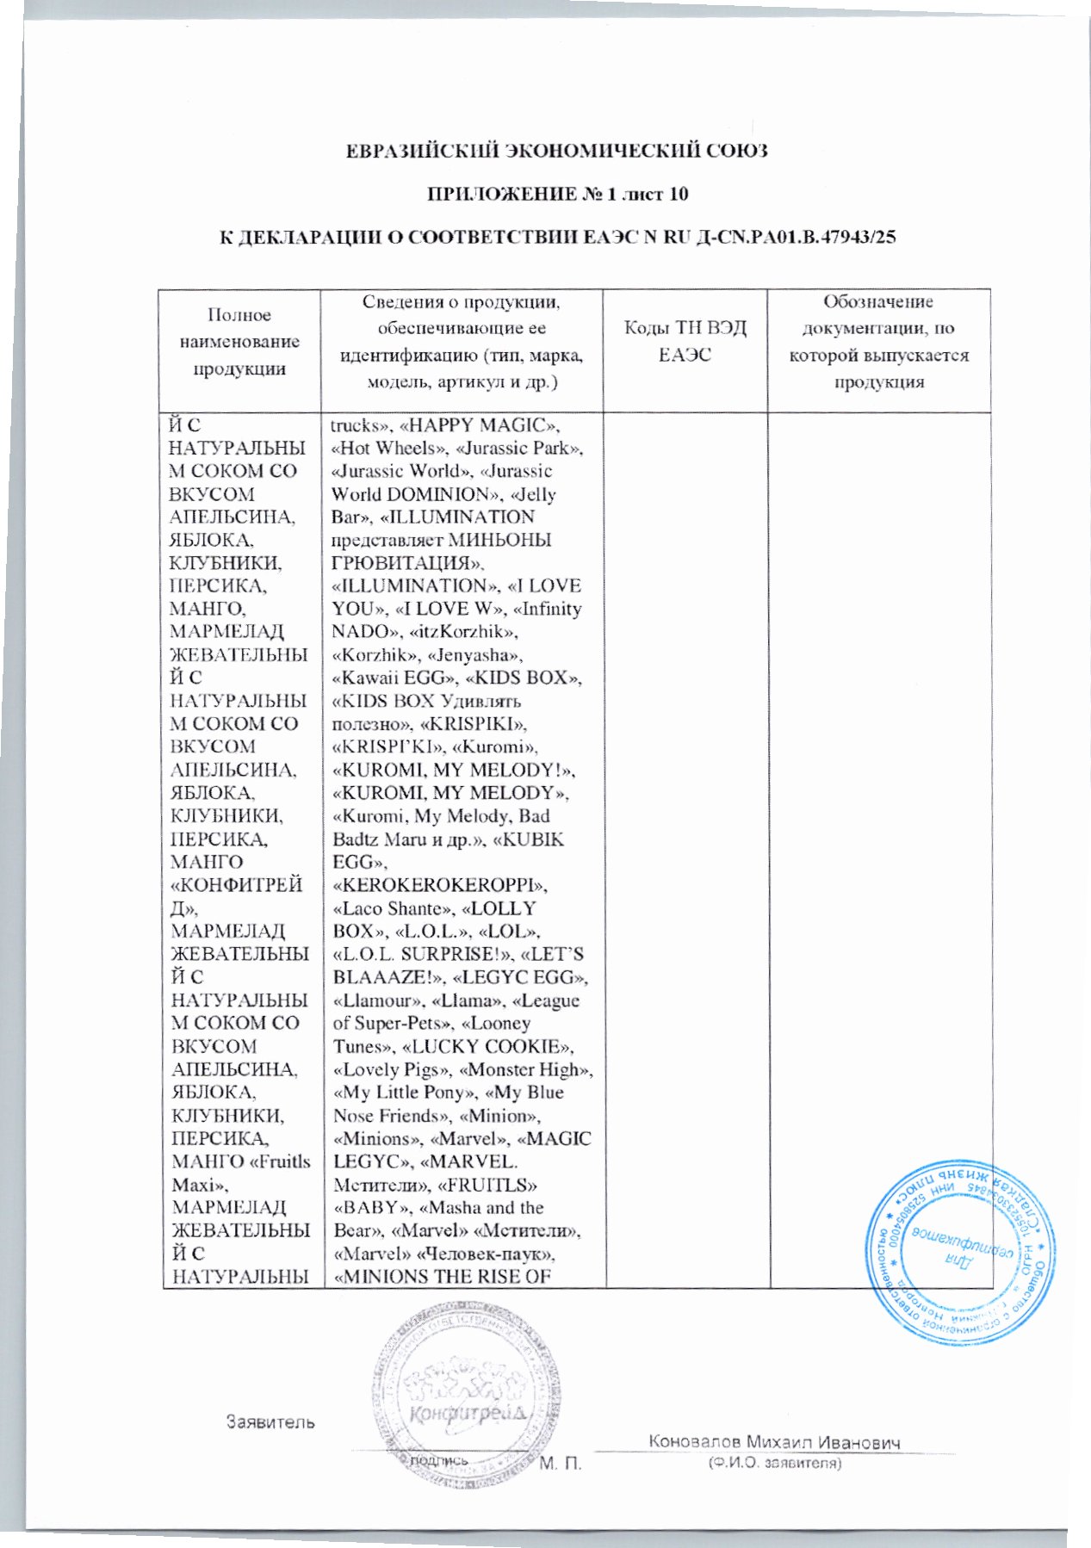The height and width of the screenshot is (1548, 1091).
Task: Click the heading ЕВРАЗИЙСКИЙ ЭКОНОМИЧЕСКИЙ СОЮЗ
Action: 555,152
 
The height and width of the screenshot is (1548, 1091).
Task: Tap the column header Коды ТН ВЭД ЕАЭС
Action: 685,341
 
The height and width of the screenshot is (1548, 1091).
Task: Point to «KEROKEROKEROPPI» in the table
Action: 440,885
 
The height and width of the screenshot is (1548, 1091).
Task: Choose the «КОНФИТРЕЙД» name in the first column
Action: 236,896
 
